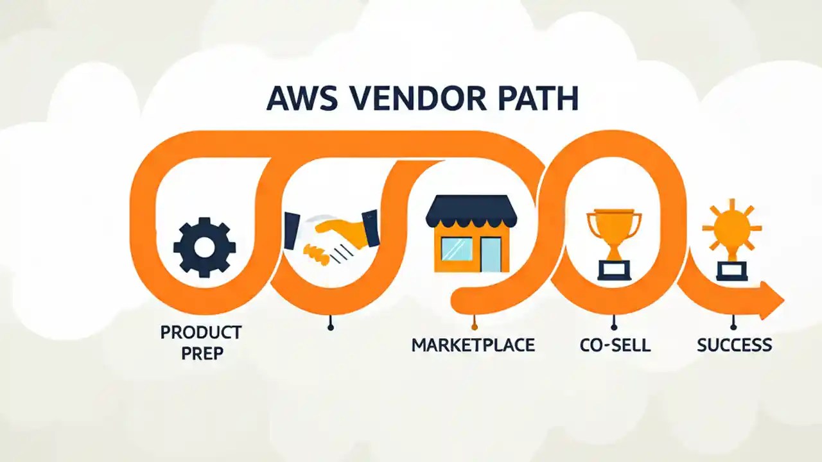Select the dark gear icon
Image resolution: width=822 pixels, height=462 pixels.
pos(204,246)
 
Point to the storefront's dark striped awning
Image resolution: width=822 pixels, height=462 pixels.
pos(471,211)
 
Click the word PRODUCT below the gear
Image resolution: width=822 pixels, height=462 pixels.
pos(201,332)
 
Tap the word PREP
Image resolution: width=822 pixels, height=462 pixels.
pos(201,354)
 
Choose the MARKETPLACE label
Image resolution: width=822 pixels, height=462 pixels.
pos(473,345)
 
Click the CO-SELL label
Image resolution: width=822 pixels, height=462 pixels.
pos(615,345)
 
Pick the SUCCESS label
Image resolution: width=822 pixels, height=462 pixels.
pos(734,345)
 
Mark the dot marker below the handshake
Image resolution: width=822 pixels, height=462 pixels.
pos(331,327)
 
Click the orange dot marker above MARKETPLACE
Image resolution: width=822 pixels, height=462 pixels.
pos(474,327)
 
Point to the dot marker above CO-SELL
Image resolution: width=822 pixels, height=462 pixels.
pos(615,327)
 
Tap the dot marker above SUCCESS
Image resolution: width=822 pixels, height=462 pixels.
pos(733,327)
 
